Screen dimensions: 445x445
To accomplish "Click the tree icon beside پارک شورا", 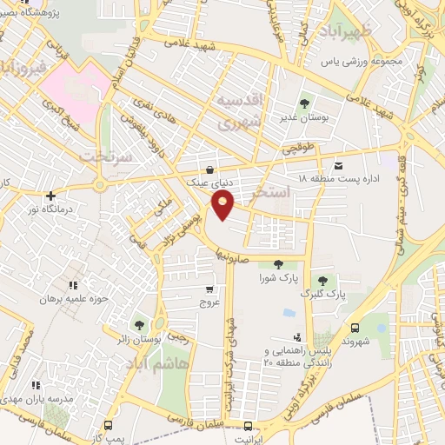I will [278, 264].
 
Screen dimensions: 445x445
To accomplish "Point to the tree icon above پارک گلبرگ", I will [322, 280].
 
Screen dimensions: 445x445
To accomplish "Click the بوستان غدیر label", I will [300, 116].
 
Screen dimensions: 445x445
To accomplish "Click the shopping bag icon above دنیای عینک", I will [208, 169].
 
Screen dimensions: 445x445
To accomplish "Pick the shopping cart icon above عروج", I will [209, 289].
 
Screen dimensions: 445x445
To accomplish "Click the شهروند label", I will [356, 342].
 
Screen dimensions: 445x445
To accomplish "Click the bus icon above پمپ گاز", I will [108, 425].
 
